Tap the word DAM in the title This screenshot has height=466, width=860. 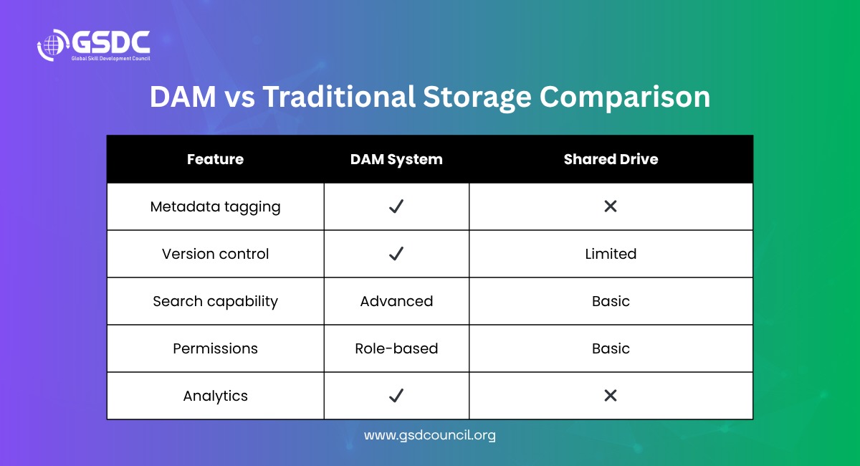(x=183, y=97)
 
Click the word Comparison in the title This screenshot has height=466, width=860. (x=625, y=98)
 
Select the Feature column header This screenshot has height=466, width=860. (x=216, y=159)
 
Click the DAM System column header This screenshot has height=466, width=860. (x=396, y=159)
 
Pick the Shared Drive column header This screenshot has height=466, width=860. (x=611, y=159)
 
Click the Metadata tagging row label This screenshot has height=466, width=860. (x=216, y=207)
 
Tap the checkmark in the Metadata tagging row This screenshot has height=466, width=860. (x=396, y=206)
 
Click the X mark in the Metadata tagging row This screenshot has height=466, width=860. (x=611, y=206)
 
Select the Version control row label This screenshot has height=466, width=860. (x=216, y=254)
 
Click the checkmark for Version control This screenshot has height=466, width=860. (x=396, y=254)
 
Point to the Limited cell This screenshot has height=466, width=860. (x=611, y=254)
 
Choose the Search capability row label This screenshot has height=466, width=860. (x=216, y=302)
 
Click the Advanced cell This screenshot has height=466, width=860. (x=396, y=301)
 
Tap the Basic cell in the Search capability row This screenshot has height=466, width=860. (x=611, y=301)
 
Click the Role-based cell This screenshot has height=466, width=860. (x=396, y=348)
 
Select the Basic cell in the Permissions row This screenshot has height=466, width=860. (x=611, y=348)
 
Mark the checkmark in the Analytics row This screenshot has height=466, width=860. (x=396, y=395)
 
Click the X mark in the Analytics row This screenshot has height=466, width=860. (x=611, y=395)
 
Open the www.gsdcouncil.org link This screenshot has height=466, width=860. (x=430, y=435)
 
